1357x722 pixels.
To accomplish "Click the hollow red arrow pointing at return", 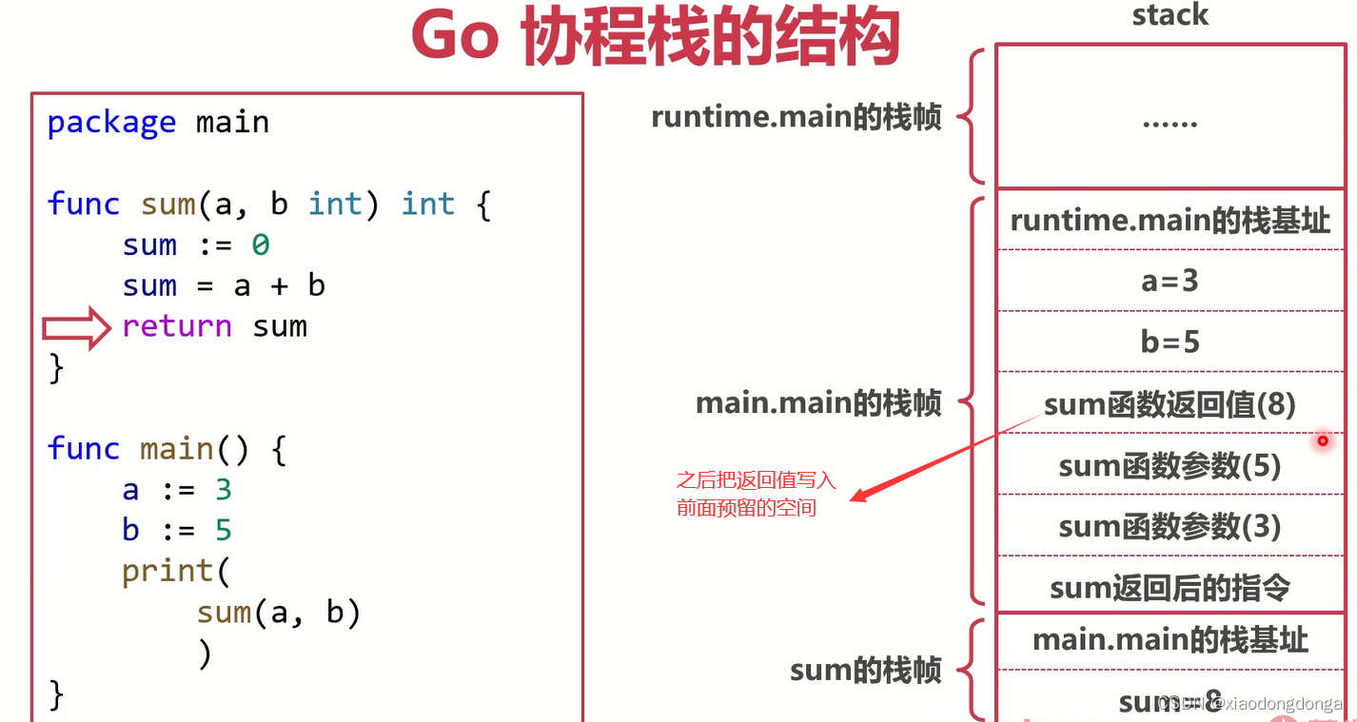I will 77,327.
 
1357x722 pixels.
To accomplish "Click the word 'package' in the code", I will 111,123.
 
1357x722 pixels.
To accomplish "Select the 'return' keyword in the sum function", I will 177,326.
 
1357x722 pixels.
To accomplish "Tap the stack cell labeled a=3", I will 1170,281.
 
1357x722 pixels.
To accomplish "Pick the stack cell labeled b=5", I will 1170,341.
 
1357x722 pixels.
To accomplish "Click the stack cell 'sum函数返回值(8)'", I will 1170,404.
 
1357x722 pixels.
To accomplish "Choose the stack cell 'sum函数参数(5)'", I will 1170,465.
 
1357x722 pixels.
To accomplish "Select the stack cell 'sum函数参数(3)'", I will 1170,526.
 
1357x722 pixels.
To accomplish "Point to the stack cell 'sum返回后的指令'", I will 1170,587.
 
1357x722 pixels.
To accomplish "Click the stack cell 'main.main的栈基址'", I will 1170,640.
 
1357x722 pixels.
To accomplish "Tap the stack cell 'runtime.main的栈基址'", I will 1170,220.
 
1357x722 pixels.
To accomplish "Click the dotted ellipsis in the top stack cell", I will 1170,123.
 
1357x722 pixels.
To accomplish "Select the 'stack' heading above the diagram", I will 1170,14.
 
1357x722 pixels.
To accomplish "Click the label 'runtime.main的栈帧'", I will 796,117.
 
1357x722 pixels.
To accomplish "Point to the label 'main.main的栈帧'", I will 818,403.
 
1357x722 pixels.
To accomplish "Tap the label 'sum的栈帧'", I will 865,671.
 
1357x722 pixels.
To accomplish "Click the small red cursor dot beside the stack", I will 1322,440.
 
